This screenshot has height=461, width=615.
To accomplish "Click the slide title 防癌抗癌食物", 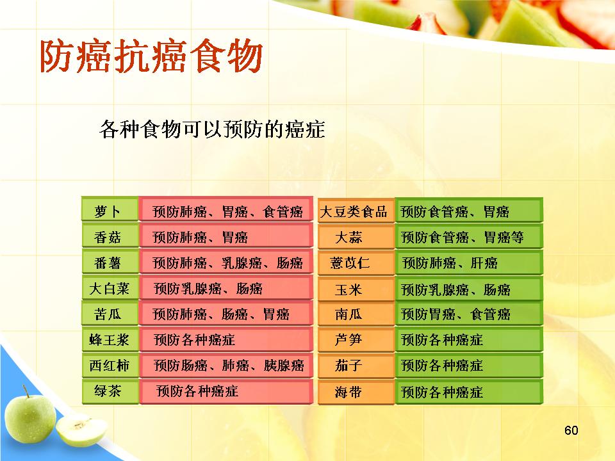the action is (151, 57).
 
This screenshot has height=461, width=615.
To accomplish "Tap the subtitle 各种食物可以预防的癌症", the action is (212, 129).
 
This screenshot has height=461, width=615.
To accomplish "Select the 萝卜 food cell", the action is (110, 209).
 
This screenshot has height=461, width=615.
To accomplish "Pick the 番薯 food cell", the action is (110, 261).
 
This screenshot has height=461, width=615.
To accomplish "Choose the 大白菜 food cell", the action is (110, 287).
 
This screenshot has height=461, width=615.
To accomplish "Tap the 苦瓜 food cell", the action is (110, 313).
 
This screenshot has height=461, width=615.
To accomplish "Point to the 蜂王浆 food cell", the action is (110, 339).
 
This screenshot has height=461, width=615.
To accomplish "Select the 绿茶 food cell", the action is (110, 391).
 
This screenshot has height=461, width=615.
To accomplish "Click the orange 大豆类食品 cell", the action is (356, 211).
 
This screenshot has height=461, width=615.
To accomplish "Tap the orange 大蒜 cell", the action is (356, 236).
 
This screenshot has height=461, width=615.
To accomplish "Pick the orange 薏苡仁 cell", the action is (356, 263).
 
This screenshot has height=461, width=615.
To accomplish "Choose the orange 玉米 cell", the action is (356, 289).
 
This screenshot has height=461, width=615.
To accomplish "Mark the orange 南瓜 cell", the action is (356, 314).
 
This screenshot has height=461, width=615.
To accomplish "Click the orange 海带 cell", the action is (356, 392).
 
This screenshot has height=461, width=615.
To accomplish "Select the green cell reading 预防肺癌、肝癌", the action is (469, 263).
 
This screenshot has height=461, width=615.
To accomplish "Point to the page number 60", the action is (571, 430).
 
